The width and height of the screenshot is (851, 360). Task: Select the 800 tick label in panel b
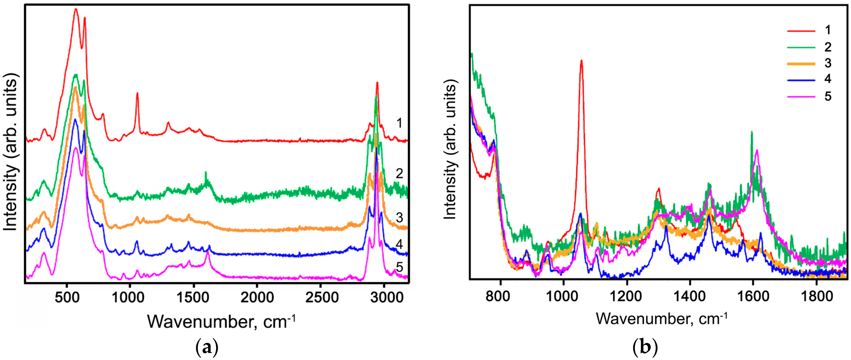pos(498,296)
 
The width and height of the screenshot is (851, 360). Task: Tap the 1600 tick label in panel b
pos(753,296)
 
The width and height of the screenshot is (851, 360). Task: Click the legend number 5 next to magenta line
pos(828,96)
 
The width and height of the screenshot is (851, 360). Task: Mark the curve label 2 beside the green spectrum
pos(399,173)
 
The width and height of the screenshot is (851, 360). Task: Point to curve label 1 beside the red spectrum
pos(399,123)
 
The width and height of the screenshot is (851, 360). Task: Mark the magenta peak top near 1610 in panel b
pos(757,150)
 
